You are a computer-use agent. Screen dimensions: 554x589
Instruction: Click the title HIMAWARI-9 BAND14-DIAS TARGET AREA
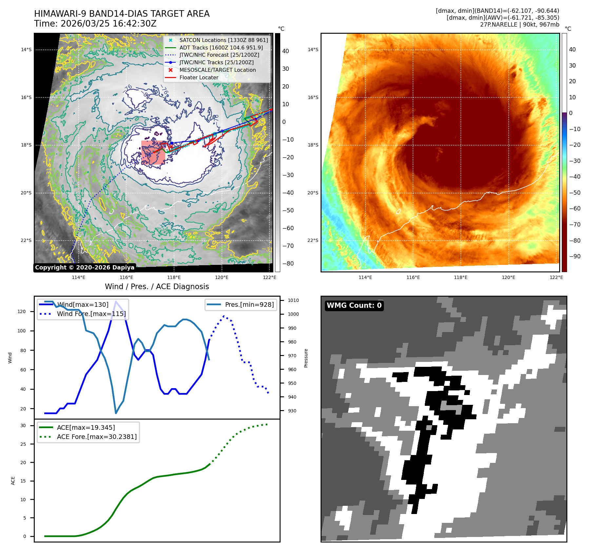point(122,14)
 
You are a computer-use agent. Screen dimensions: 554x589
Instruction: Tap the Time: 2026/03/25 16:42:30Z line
point(95,24)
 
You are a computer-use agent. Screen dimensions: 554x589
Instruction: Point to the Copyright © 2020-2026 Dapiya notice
point(85,267)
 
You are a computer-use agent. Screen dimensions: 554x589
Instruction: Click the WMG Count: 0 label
point(354,306)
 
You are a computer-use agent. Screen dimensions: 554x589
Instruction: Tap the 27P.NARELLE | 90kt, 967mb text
point(520,25)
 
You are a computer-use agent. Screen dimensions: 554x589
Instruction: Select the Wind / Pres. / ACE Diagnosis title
point(157,287)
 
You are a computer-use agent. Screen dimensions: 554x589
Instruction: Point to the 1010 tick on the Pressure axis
point(293,300)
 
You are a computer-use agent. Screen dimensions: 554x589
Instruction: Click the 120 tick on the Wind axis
point(22,311)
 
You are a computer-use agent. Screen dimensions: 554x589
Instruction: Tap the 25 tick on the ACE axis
point(23,444)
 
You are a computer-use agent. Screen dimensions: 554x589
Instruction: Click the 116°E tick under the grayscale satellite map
point(126,277)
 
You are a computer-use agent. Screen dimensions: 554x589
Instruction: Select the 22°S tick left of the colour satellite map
point(313,240)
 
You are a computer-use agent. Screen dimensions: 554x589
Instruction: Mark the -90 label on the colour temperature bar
point(575,256)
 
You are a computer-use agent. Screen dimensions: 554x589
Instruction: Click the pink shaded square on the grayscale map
point(153,152)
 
